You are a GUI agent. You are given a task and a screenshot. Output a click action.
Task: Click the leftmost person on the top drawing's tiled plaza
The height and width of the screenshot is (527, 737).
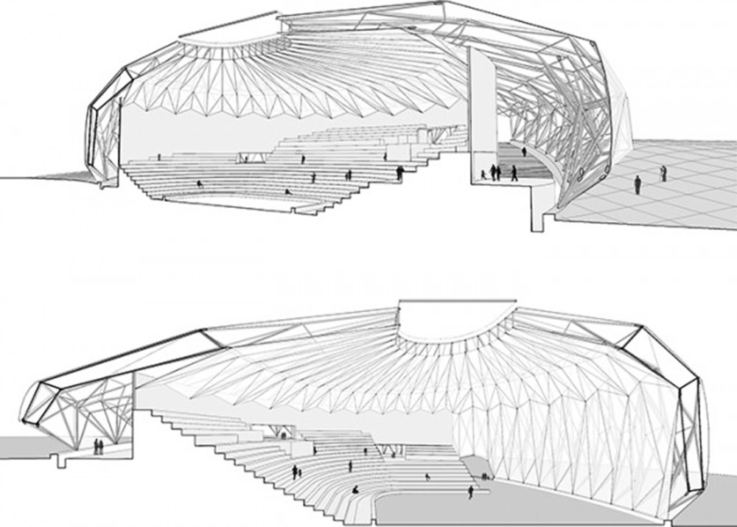coord(638,184)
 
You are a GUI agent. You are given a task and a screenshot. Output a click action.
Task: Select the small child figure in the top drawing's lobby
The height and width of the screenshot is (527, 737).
coord(483,174)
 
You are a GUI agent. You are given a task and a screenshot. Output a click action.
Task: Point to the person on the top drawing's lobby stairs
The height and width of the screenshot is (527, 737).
coord(524,152)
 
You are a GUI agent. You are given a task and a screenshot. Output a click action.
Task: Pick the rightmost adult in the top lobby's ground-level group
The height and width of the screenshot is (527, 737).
coord(514,172)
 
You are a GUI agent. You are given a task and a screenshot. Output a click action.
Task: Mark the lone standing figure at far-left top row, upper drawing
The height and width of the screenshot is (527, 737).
coord(159,157)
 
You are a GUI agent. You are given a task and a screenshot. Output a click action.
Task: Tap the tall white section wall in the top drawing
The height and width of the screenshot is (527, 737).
coord(482,111)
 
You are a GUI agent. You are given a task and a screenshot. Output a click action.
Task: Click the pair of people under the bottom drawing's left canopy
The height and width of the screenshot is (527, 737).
coord(97,447)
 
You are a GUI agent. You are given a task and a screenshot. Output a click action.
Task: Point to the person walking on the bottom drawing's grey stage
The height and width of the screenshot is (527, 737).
coord(469,492)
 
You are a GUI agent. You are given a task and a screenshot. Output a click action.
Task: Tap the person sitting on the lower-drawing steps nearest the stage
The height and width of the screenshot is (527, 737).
coord(356,489)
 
